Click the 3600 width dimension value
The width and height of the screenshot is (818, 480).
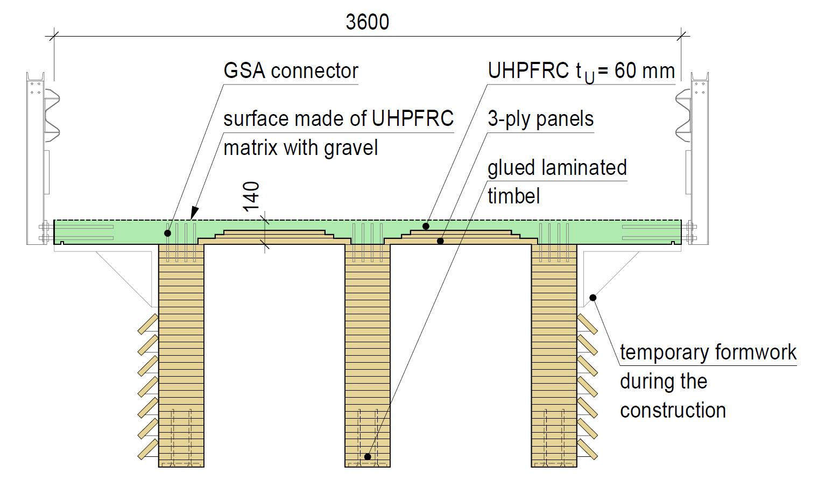[368, 22]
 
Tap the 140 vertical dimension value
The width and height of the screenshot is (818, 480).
[251, 197]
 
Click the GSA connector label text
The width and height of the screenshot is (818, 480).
[291, 71]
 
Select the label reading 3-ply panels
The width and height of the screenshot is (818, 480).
[540, 119]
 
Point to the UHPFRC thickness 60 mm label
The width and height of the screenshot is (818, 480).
[581, 72]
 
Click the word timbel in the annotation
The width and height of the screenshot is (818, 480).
[513, 196]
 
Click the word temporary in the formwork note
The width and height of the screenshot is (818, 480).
[663, 352]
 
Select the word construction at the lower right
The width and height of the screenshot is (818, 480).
[673, 410]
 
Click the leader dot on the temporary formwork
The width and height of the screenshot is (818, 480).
[593, 298]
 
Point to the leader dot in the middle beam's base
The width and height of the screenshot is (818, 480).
[368, 456]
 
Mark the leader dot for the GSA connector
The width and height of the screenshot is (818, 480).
[168, 233]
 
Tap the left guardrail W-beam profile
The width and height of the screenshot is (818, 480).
[53, 113]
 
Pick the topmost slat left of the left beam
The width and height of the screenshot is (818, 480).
[147, 324]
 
